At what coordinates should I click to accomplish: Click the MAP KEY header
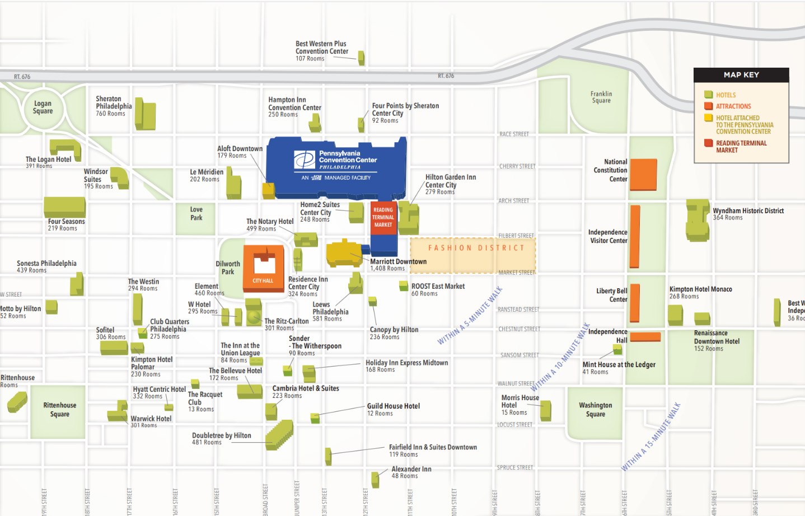741,75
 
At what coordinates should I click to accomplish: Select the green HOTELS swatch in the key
708,95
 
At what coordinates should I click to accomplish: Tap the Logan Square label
43,107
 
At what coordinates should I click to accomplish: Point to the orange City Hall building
263,268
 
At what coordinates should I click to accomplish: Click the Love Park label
196,214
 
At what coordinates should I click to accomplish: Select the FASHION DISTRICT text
476,248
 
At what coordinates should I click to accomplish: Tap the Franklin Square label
601,97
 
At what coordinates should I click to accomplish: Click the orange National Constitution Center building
643,175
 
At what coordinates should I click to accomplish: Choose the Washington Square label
595,410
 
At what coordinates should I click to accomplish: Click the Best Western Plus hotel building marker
361,58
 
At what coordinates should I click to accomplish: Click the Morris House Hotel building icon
546,410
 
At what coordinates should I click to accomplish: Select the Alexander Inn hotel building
375,479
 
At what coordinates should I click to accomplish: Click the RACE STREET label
513,134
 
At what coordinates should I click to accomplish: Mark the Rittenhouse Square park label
59,410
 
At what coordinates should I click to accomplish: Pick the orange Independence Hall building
645,336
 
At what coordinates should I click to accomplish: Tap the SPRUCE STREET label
514,467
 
